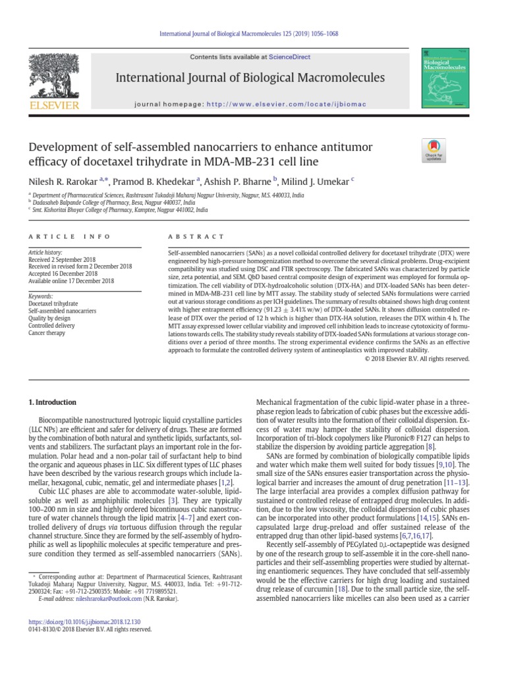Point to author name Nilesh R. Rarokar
pyautogui.click(x=61, y=180)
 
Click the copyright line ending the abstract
pyautogui.click(x=415, y=359)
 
